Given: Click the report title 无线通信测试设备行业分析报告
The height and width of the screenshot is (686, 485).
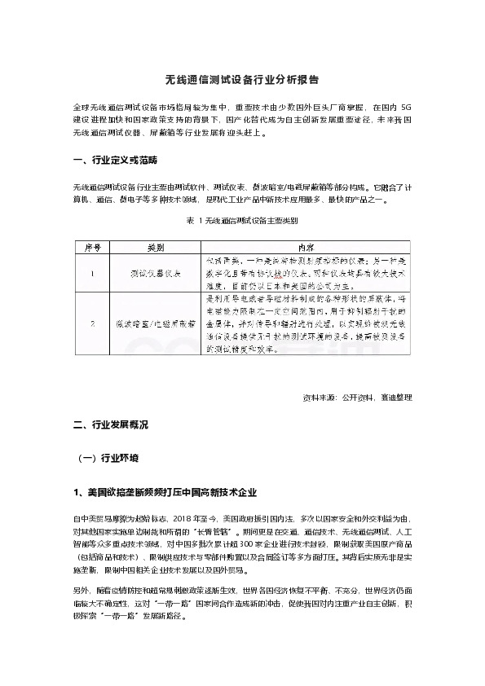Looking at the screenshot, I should tap(242, 81).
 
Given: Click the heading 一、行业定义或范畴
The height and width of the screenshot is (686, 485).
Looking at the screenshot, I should tap(115, 158).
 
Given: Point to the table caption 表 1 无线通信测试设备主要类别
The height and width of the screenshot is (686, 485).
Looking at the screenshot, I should tap(242, 220).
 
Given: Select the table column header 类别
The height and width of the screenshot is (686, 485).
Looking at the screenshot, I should tap(155, 245).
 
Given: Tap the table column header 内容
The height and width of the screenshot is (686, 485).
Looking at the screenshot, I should tap(307, 245).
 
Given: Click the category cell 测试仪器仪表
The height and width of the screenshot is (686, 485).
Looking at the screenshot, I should tap(155, 275).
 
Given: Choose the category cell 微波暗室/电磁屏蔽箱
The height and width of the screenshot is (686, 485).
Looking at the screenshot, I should tap(155, 324).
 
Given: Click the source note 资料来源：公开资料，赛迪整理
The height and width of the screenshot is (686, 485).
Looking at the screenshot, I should tap(357, 398).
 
